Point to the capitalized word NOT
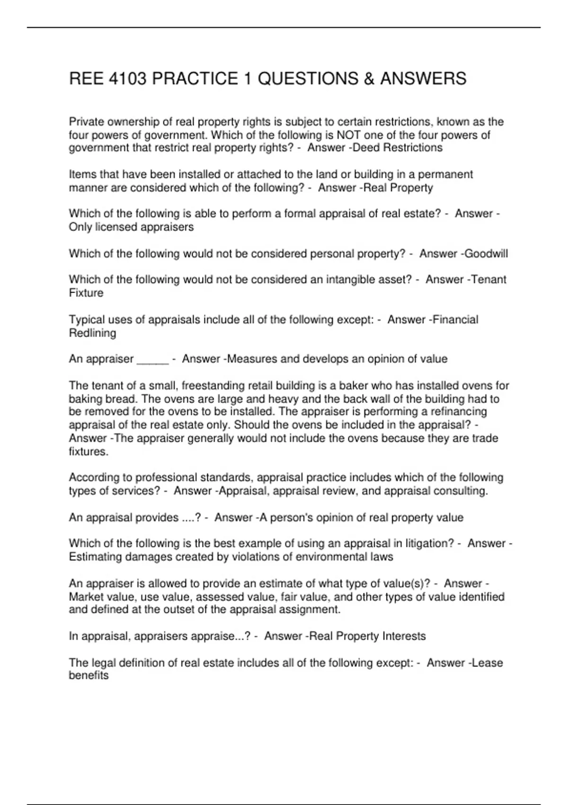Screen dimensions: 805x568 click(349, 135)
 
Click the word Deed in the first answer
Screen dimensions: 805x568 click(366, 148)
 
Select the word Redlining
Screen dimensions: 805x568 click(92, 333)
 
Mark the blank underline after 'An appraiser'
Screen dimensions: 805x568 click(152, 359)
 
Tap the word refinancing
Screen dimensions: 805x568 click(456, 411)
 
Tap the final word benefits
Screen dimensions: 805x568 click(89, 676)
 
